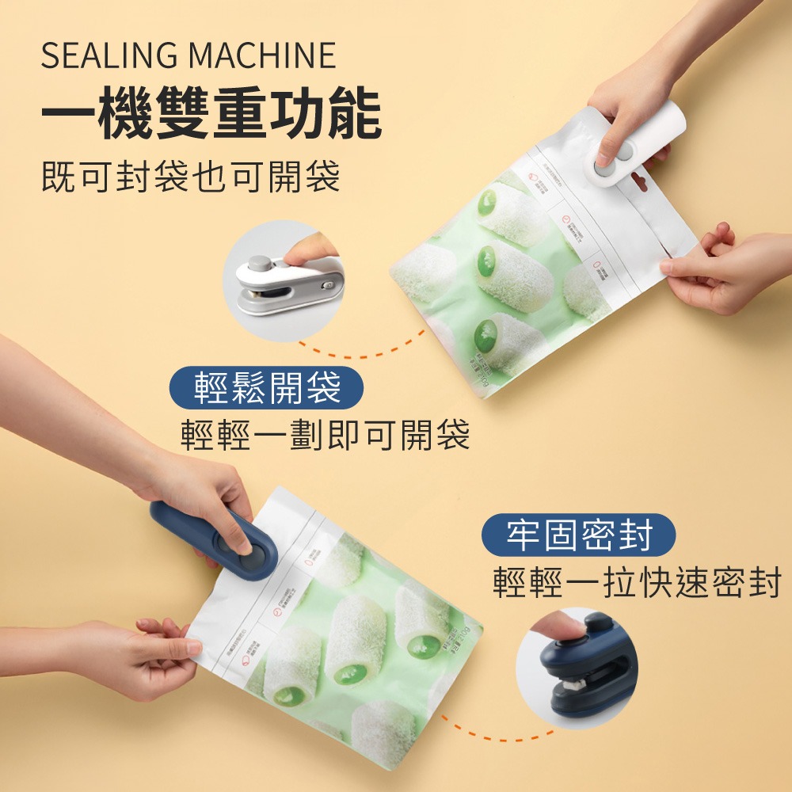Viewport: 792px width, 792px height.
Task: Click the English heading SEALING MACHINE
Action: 188,56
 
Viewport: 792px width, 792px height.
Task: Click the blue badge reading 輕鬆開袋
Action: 267,388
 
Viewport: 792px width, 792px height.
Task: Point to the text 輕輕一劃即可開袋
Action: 326,435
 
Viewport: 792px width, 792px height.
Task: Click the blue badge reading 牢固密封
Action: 578,535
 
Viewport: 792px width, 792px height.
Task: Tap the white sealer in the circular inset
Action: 289,285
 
